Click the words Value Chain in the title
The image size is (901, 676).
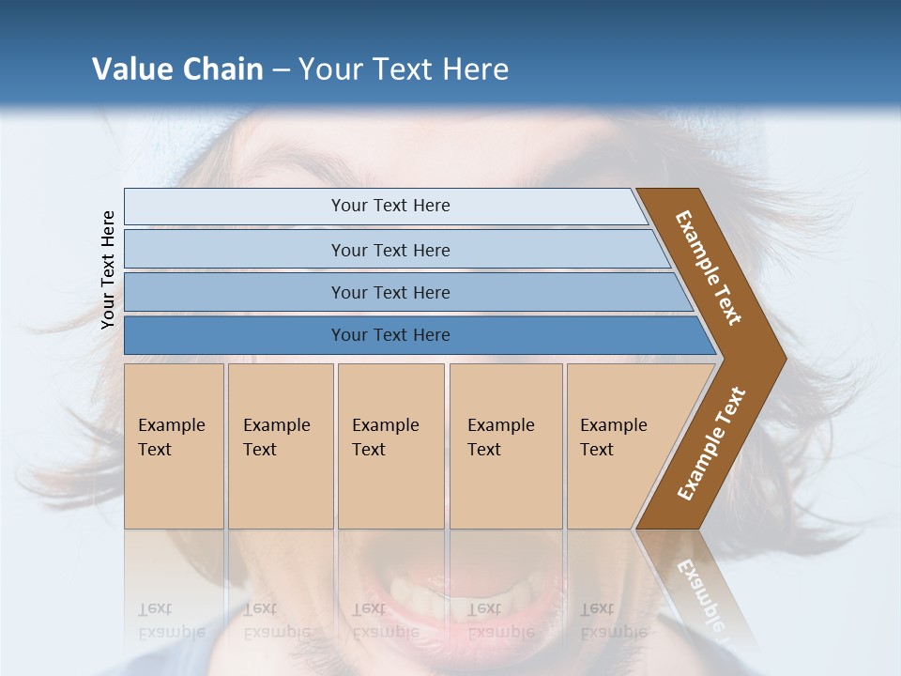[x=177, y=69]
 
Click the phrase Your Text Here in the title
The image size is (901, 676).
[x=404, y=69]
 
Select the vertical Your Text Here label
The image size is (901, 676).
[x=108, y=269]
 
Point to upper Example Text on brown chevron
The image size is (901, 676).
[x=709, y=268]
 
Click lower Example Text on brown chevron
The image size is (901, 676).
[x=710, y=443]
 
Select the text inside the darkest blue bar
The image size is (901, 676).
[x=390, y=335]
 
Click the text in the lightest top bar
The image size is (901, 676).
[x=390, y=206]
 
